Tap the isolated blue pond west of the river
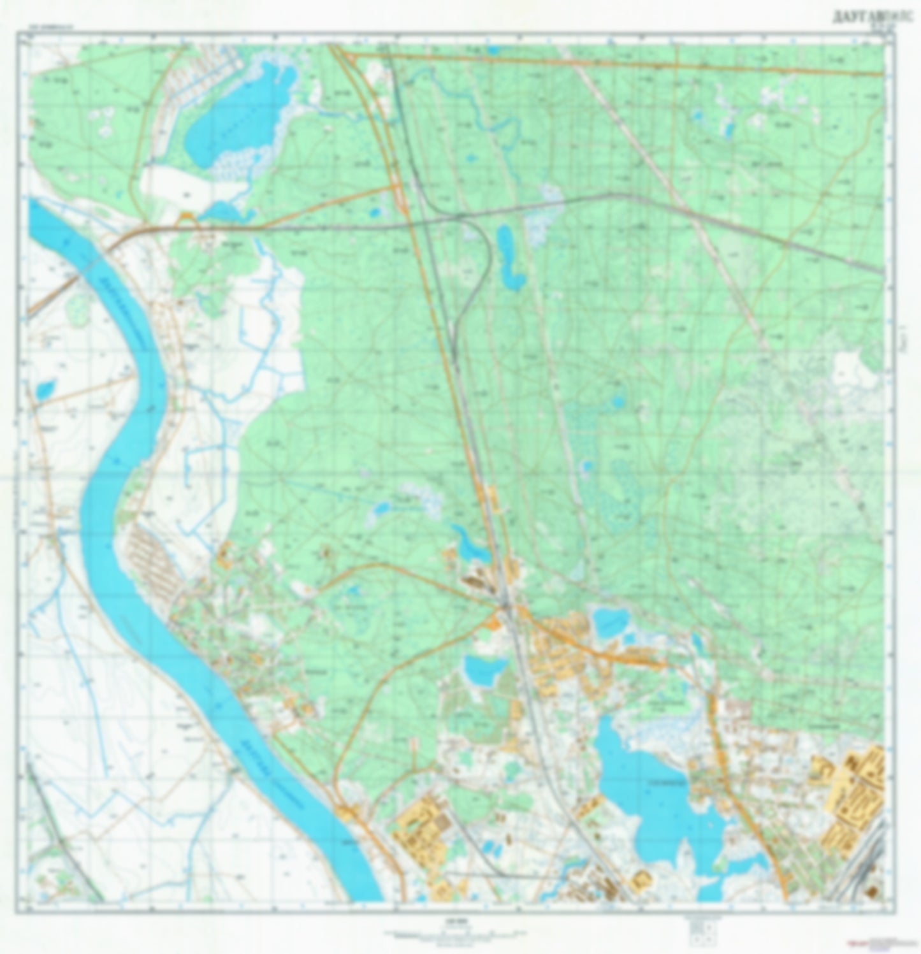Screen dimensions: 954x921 point(44,387)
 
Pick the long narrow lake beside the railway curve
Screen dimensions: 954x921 point(510,258)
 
